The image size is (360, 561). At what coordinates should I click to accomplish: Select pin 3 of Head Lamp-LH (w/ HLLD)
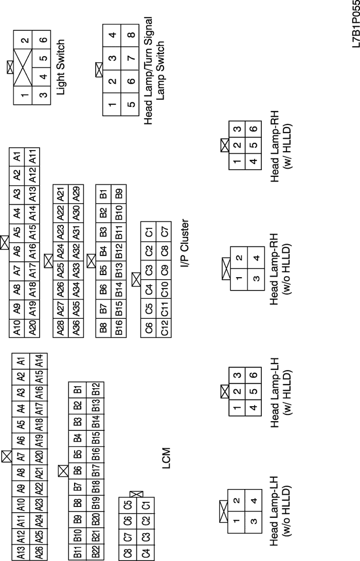coord(237,375)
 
